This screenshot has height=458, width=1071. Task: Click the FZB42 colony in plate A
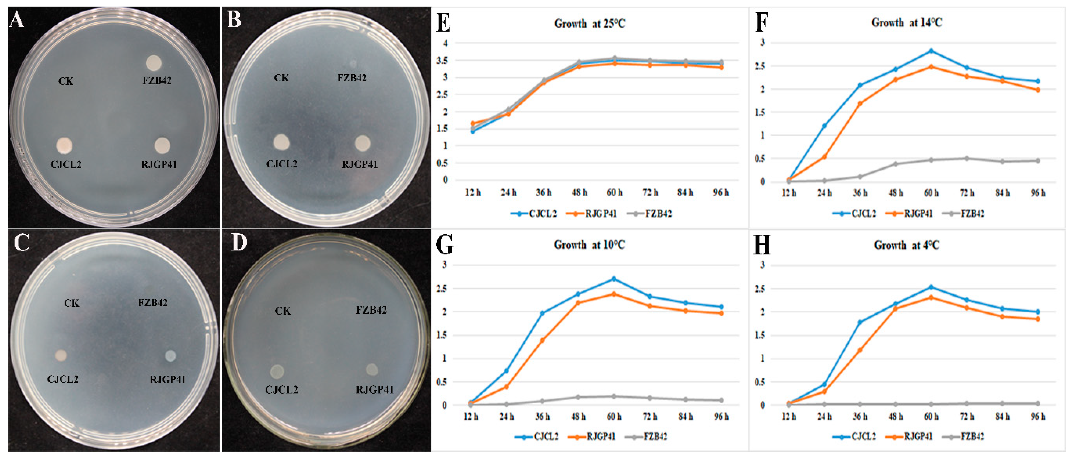pos(154,63)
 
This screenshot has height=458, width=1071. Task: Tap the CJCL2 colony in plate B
pos(282,142)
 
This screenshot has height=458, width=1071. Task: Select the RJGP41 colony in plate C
pos(170,356)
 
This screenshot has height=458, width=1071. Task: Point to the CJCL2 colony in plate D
pos(277,371)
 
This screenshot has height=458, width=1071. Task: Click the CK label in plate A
pos(66,81)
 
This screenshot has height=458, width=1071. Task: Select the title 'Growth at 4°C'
pos(906,245)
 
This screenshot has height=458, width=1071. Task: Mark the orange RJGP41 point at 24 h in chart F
pos(824,157)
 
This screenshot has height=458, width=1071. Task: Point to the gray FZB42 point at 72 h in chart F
pos(967,158)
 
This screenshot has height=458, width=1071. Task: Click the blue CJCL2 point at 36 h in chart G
pos(542,313)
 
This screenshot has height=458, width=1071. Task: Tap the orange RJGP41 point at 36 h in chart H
pos(860,350)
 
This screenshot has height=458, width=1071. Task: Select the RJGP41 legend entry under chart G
pos(595,437)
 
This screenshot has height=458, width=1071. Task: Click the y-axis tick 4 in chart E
pos(446,43)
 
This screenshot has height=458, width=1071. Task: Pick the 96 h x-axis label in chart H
pos(1038,416)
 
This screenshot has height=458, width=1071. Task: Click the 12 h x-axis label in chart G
pos(471,416)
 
